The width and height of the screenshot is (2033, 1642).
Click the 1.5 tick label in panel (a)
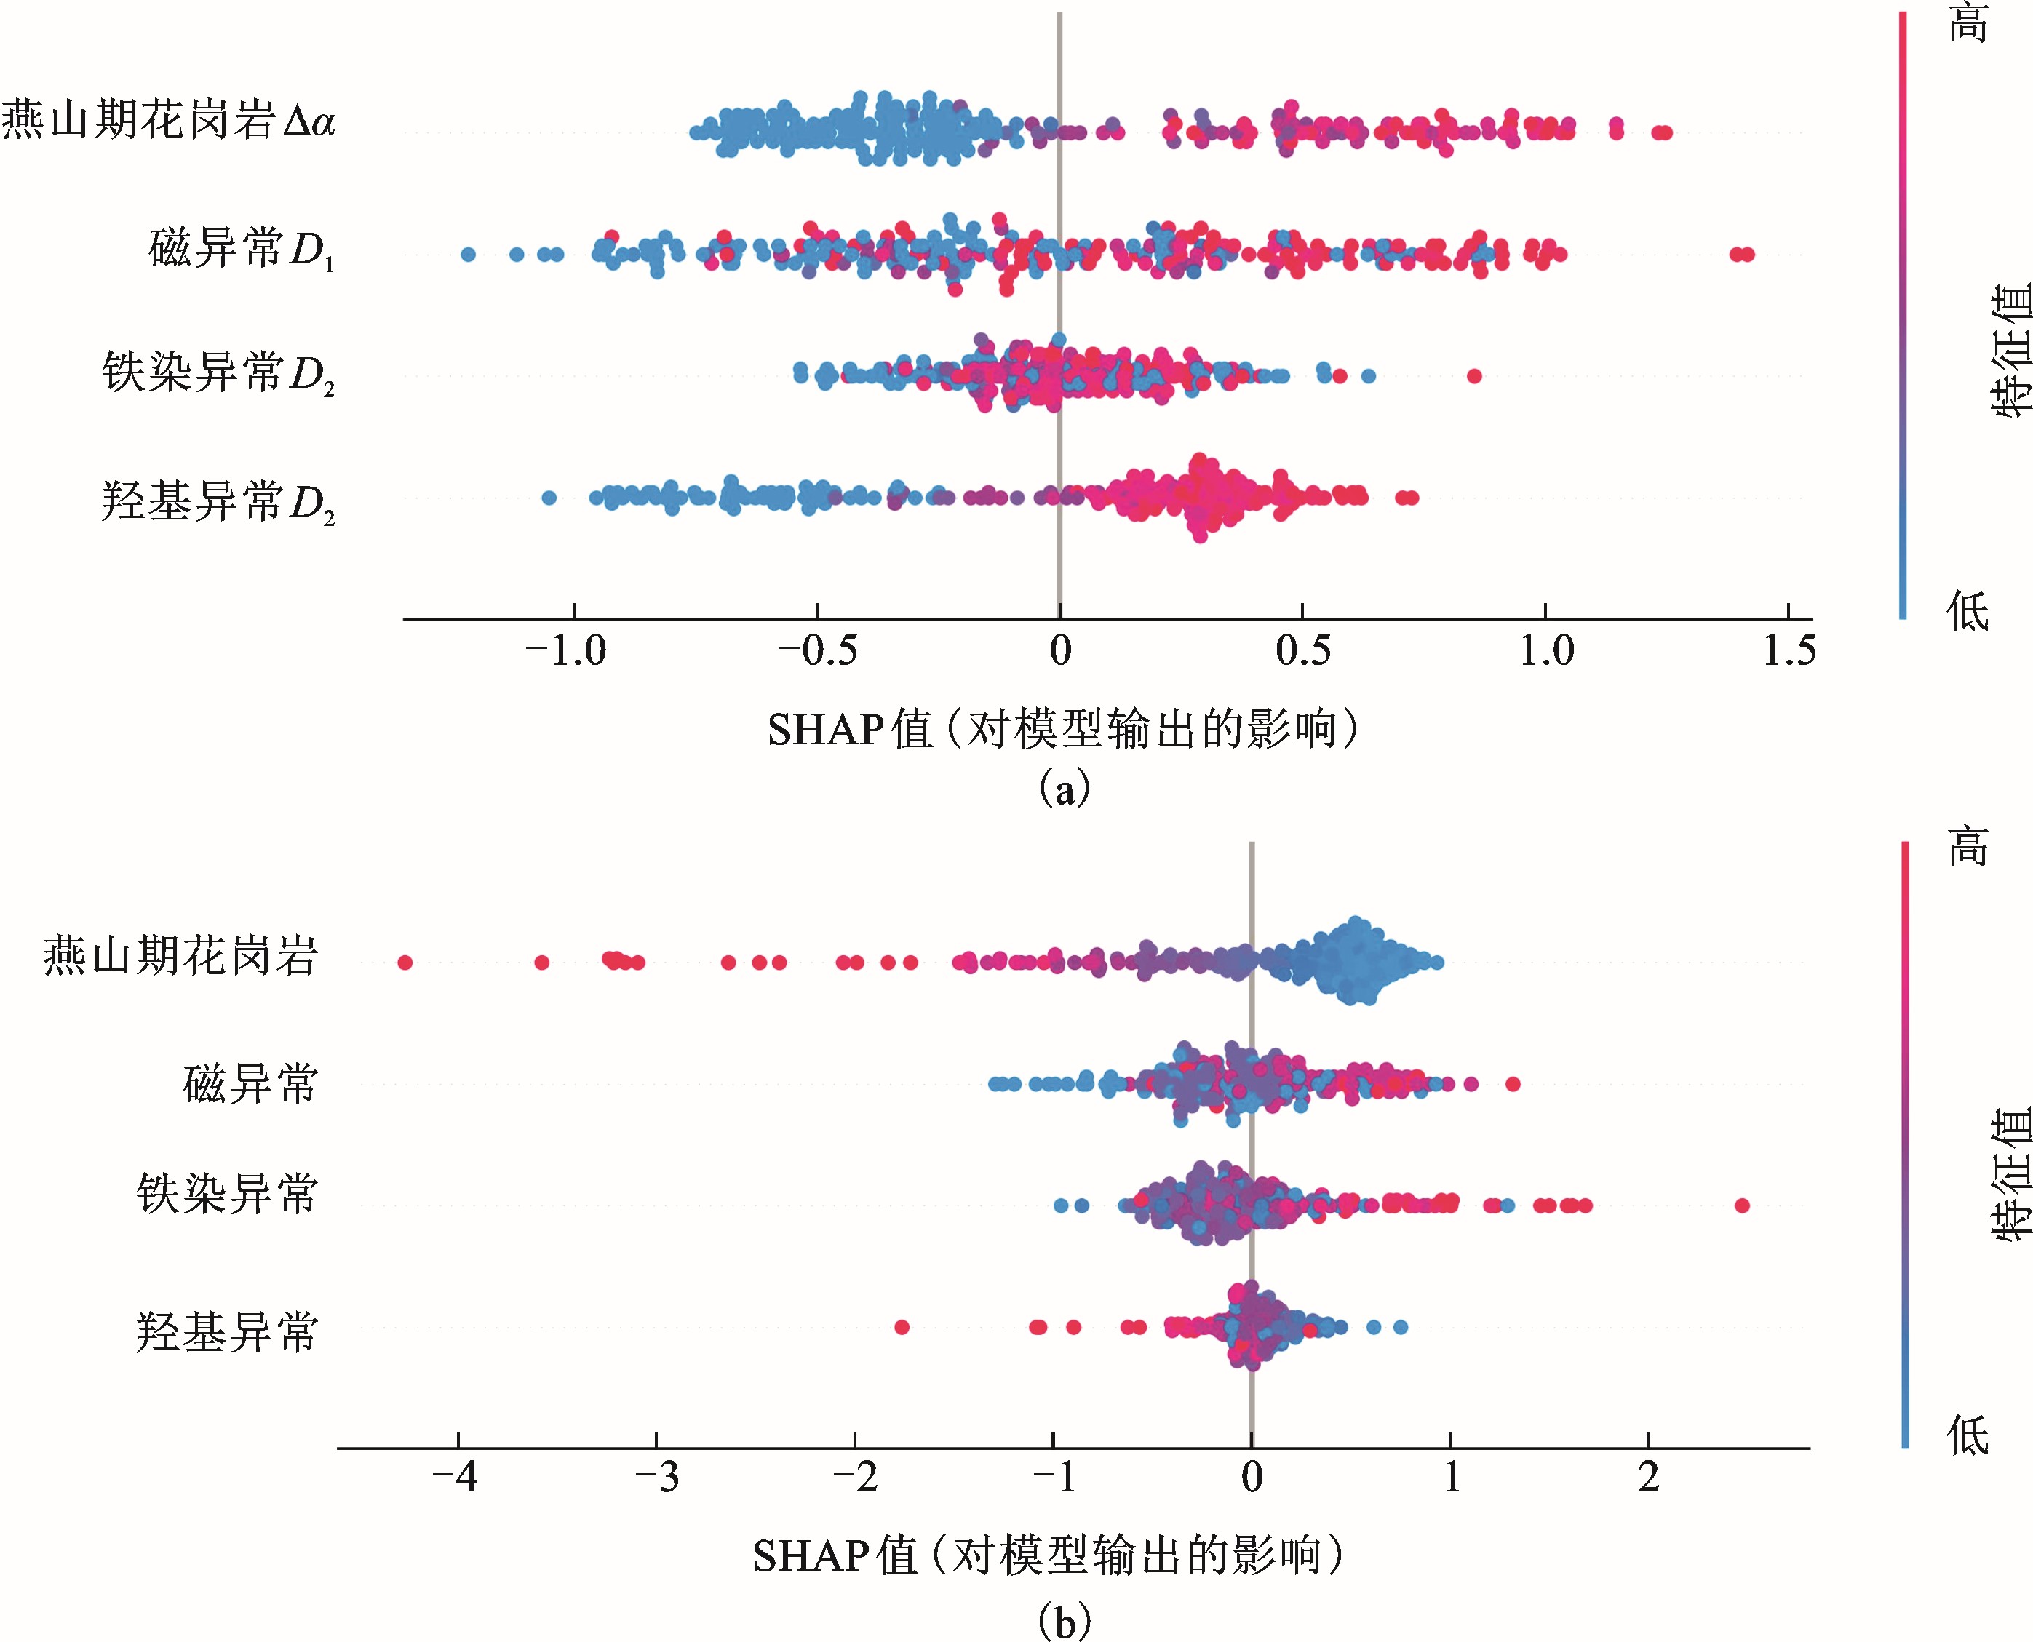(1788, 650)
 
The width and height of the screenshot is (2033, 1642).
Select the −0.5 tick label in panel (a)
(816, 650)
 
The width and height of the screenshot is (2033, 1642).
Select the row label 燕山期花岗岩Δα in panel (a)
(168, 121)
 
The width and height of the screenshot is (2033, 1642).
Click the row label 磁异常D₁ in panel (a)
(242, 250)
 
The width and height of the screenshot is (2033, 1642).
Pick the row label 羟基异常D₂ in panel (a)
(218, 501)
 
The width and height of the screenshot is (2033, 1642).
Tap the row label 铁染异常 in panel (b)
(226, 1194)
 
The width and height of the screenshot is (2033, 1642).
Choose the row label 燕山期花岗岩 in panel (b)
(180, 955)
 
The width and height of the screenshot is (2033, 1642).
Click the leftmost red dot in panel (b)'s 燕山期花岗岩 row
(405, 963)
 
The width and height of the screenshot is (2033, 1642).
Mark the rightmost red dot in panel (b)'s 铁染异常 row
(1742, 1205)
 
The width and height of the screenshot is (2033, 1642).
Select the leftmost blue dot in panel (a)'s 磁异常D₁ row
(467, 253)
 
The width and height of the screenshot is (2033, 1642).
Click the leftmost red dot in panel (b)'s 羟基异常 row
(902, 1327)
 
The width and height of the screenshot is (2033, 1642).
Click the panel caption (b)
(1065, 1621)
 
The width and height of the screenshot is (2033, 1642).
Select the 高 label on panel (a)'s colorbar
(1968, 23)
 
